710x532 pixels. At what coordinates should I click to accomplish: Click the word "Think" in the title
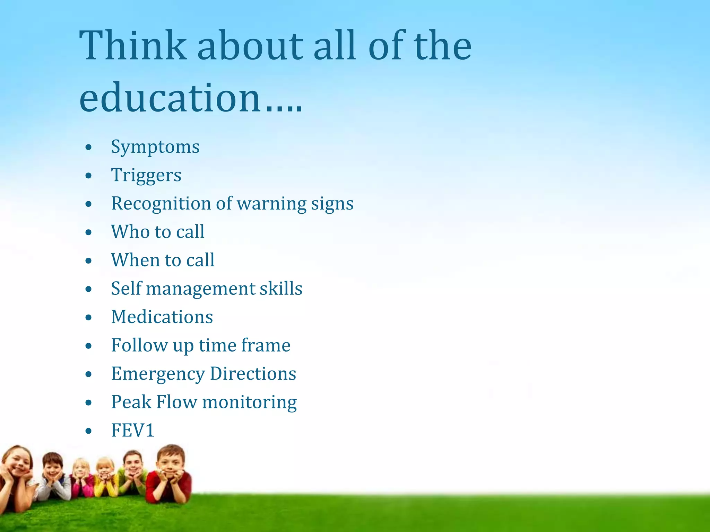[133, 46]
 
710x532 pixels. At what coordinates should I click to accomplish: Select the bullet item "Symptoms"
[155, 147]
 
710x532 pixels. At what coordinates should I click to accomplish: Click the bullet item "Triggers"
[146, 175]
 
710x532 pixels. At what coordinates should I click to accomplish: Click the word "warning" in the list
[271, 204]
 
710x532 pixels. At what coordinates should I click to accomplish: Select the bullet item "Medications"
[162, 317]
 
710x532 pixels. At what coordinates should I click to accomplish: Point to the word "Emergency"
[158, 374]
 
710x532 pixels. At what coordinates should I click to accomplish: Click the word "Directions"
[253, 374]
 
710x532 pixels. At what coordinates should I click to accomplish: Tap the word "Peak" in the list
[131, 402]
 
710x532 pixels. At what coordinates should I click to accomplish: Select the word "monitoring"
[249, 403]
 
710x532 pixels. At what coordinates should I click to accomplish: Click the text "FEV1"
[132, 431]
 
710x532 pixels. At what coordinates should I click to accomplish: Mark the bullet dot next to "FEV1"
[89, 431]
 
